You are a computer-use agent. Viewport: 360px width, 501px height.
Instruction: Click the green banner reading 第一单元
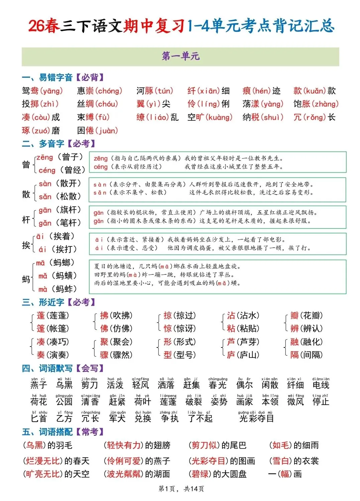[181, 57]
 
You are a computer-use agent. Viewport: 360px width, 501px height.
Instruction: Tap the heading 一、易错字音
[47, 78]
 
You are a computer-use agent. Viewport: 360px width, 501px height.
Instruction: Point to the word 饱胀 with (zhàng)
[316, 104]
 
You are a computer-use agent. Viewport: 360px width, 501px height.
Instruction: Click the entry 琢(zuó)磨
[41, 130]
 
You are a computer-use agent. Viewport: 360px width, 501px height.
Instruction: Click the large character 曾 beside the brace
[26, 164]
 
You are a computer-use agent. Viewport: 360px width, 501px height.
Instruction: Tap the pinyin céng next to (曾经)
[47, 170]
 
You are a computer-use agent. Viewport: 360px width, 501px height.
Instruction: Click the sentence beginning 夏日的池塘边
[167, 267]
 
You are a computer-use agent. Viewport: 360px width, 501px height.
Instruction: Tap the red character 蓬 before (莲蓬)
[41, 315]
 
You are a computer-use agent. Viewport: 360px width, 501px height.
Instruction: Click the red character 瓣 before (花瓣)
[294, 315]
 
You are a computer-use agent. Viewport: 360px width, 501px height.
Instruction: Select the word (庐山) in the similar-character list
[248, 355]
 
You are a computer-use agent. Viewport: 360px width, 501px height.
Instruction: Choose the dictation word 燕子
[39, 385]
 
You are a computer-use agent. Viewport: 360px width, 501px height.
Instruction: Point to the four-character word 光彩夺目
[256, 418]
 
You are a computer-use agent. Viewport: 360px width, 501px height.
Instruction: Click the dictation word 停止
[321, 401]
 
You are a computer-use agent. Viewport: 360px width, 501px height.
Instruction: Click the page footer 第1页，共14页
[181, 489]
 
